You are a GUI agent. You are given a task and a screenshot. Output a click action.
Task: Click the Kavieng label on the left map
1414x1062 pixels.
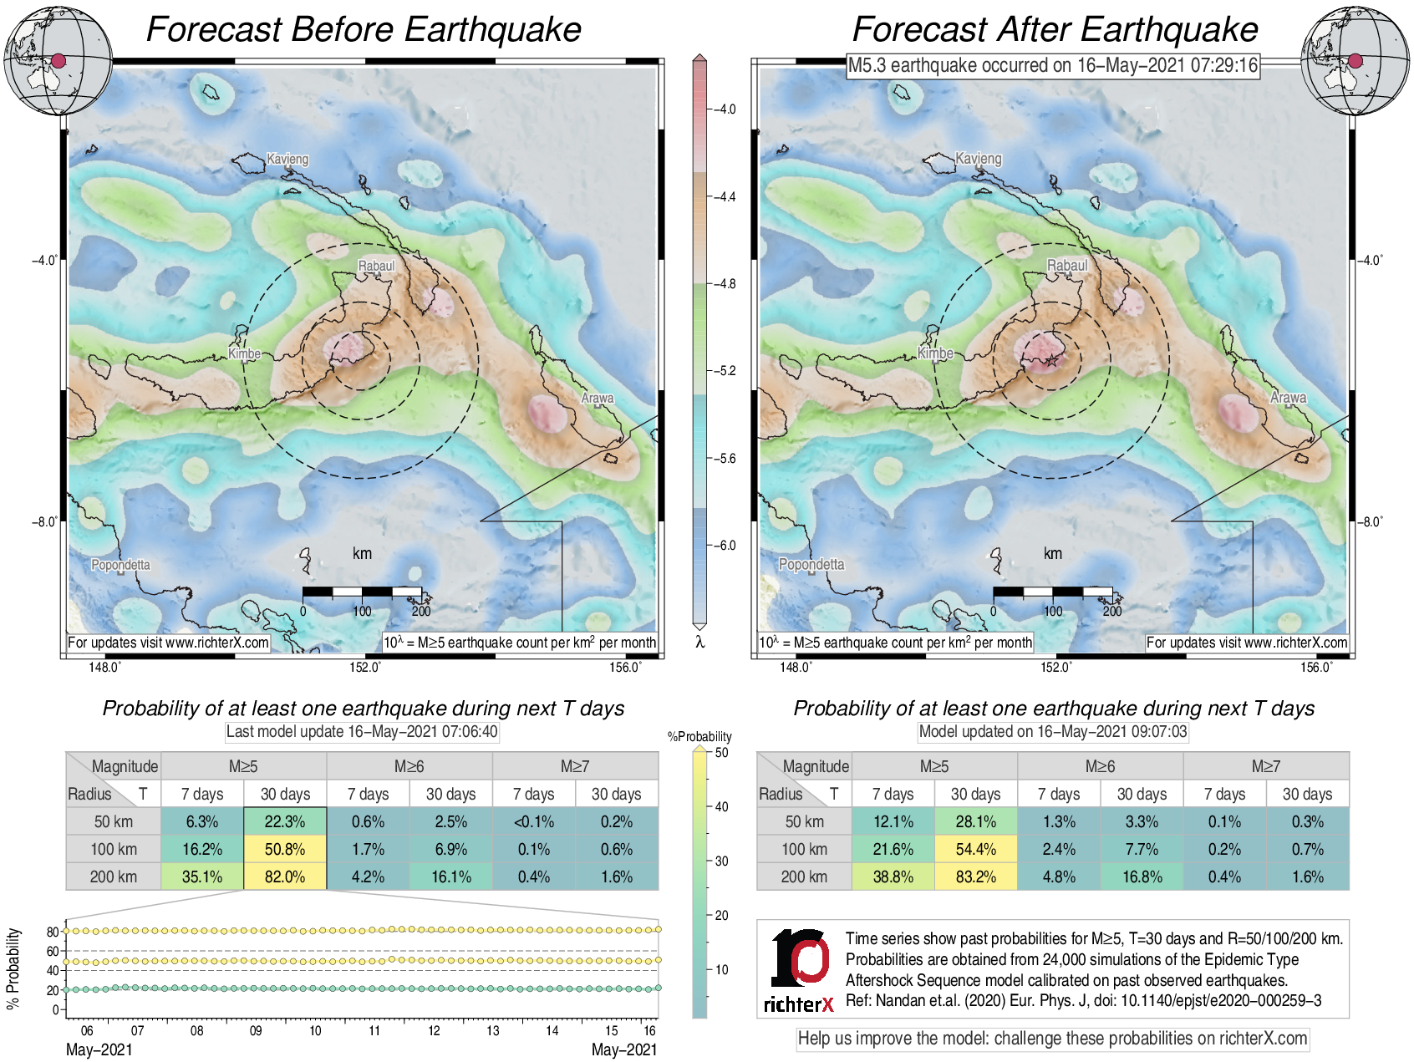click(287, 159)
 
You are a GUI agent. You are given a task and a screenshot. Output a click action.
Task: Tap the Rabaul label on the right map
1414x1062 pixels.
click(1067, 266)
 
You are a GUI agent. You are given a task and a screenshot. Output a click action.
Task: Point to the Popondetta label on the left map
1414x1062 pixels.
click(120, 565)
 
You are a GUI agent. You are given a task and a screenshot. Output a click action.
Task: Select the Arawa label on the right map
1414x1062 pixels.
click(1288, 398)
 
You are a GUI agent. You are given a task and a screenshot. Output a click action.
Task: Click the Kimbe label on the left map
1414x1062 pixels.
click(244, 353)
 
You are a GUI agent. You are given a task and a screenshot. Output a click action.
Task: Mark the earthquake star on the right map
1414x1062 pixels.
click(1051, 360)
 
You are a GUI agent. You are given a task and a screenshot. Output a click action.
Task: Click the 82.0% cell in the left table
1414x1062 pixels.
click(285, 877)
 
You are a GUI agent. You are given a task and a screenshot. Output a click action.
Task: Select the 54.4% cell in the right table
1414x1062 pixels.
click(975, 849)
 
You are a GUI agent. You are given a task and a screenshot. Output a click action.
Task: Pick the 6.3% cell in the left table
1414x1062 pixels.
click(202, 821)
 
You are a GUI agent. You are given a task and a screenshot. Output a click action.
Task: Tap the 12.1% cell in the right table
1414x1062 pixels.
click(893, 821)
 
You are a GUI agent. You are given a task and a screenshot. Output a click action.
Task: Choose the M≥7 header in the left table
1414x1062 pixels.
click(575, 766)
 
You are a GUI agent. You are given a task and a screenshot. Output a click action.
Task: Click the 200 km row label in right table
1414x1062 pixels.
click(804, 877)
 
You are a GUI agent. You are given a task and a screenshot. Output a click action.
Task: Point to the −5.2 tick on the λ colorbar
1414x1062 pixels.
click(726, 371)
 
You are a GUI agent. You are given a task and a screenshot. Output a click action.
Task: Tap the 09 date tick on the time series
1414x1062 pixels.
click(256, 1030)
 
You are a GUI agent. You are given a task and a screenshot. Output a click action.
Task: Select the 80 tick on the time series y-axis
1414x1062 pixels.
click(53, 932)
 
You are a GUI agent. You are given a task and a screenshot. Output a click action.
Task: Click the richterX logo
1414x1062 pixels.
click(799, 970)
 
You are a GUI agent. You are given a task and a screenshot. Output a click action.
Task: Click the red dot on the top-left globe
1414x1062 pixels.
click(58, 60)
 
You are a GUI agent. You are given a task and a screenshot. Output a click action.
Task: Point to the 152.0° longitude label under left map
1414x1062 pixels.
click(365, 667)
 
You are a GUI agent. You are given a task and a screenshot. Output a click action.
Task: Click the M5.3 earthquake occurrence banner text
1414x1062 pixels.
click(1052, 65)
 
